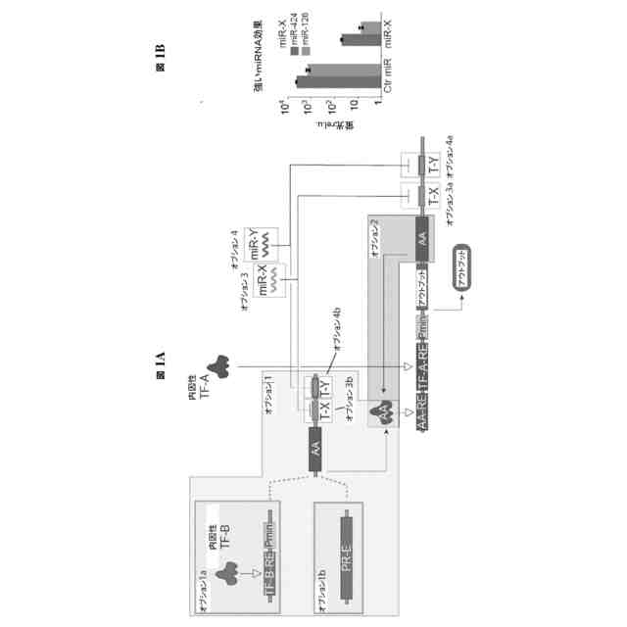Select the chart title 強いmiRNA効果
pos(254,68)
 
